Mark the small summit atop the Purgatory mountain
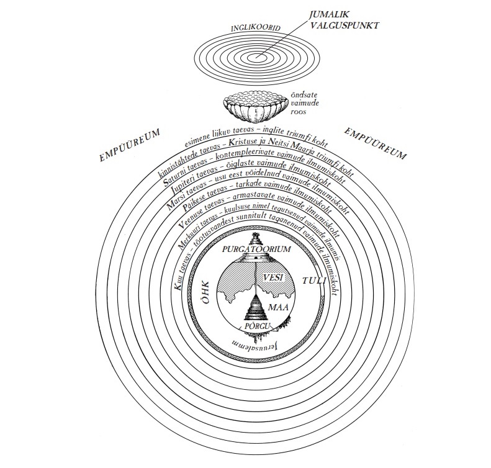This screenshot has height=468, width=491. point(255,238)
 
